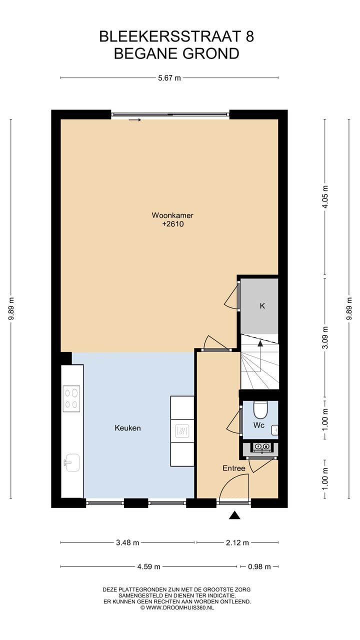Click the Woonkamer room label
click(172, 215)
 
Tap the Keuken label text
click(127, 428)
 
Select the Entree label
click(234, 468)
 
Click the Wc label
click(258, 425)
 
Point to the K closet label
click(261, 306)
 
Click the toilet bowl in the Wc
click(260, 410)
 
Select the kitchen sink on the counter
click(71, 462)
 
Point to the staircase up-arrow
click(259, 343)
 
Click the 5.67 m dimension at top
click(169, 77)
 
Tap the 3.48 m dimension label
click(127, 542)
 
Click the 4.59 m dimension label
click(148, 566)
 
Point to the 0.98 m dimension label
click(259, 566)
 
